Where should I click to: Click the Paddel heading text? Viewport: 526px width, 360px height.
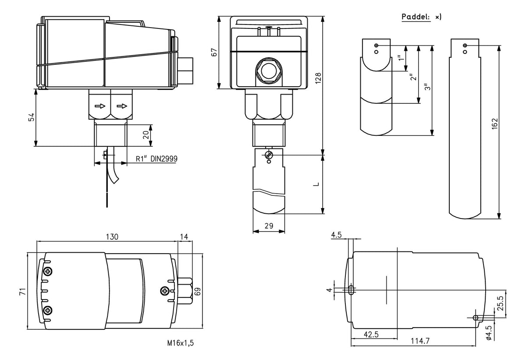point(416,17)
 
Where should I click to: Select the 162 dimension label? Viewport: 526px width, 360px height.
point(494,124)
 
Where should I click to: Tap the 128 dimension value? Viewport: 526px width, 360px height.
point(318,78)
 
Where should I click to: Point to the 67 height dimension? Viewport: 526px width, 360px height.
point(214,52)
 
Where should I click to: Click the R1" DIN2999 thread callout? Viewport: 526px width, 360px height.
point(156,159)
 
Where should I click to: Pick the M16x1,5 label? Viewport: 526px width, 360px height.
point(180,343)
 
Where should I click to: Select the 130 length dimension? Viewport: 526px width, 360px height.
point(112,237)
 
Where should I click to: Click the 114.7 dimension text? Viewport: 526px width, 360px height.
point(420,341)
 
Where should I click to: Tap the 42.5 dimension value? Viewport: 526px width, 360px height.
point(371,334)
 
